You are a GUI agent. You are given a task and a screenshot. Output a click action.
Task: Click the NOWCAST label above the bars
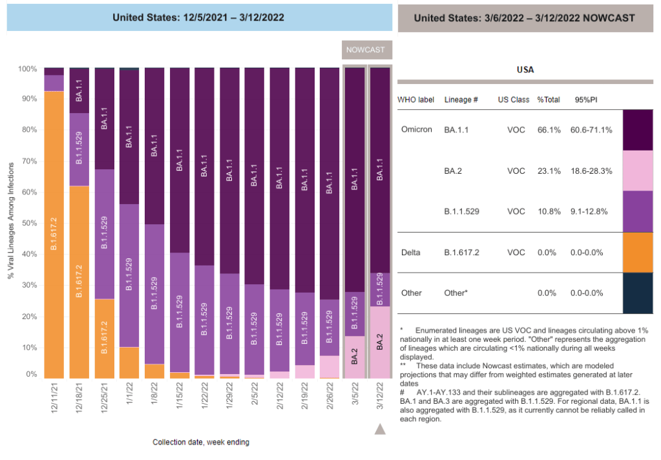(x=366, y=50)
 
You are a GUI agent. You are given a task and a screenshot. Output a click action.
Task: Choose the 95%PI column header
(x=586, y=100)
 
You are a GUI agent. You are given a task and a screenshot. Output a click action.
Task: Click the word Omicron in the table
(x=417, y=129)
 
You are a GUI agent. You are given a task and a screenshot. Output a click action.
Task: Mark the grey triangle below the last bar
(x=380, y=429)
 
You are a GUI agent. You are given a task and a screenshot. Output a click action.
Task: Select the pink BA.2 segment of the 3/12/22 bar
(x=380, y=342)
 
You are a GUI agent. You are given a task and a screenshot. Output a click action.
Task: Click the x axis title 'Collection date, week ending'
(x=201, y=442)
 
